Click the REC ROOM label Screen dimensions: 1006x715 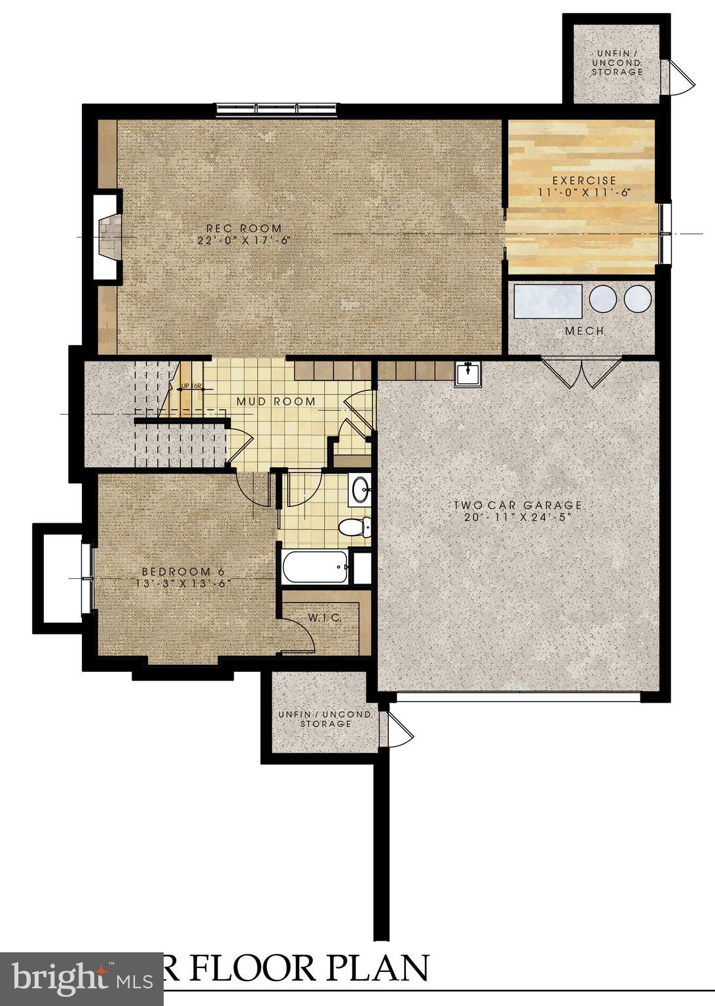click(x=244, y=228)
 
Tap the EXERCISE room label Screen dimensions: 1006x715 click(x=584, y=180)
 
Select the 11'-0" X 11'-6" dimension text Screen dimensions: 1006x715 click(x=584, y=193)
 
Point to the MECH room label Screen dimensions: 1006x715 click(x=585, y=331)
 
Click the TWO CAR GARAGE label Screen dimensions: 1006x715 click(x=518, y=505)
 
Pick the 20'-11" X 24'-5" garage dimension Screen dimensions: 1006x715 click(x=518, y=517)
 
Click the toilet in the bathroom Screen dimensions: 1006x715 click(x=356, y=527)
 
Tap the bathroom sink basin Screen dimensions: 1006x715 click(x=359, y=489)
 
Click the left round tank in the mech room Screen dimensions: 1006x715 click(x=602, y=299)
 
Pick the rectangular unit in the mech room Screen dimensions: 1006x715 click(x=547, y=301)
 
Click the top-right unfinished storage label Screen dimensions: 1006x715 click(x=617, y=62)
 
